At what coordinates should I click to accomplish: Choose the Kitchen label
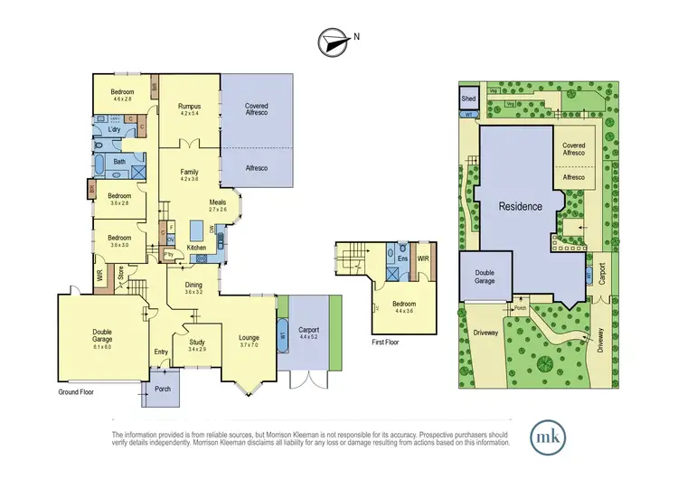(196, 248)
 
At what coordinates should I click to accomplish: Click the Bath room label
(118, 162)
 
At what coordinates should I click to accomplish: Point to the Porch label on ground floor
(163, 390)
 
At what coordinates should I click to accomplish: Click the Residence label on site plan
(521, 206)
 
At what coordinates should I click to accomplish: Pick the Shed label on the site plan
(468, 98)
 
